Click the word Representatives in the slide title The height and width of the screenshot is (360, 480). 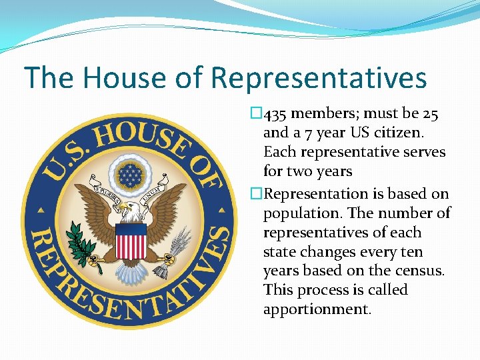click(319, 78)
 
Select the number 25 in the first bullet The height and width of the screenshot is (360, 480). click(430, 115)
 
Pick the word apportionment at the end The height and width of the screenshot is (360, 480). click(317, 309)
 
